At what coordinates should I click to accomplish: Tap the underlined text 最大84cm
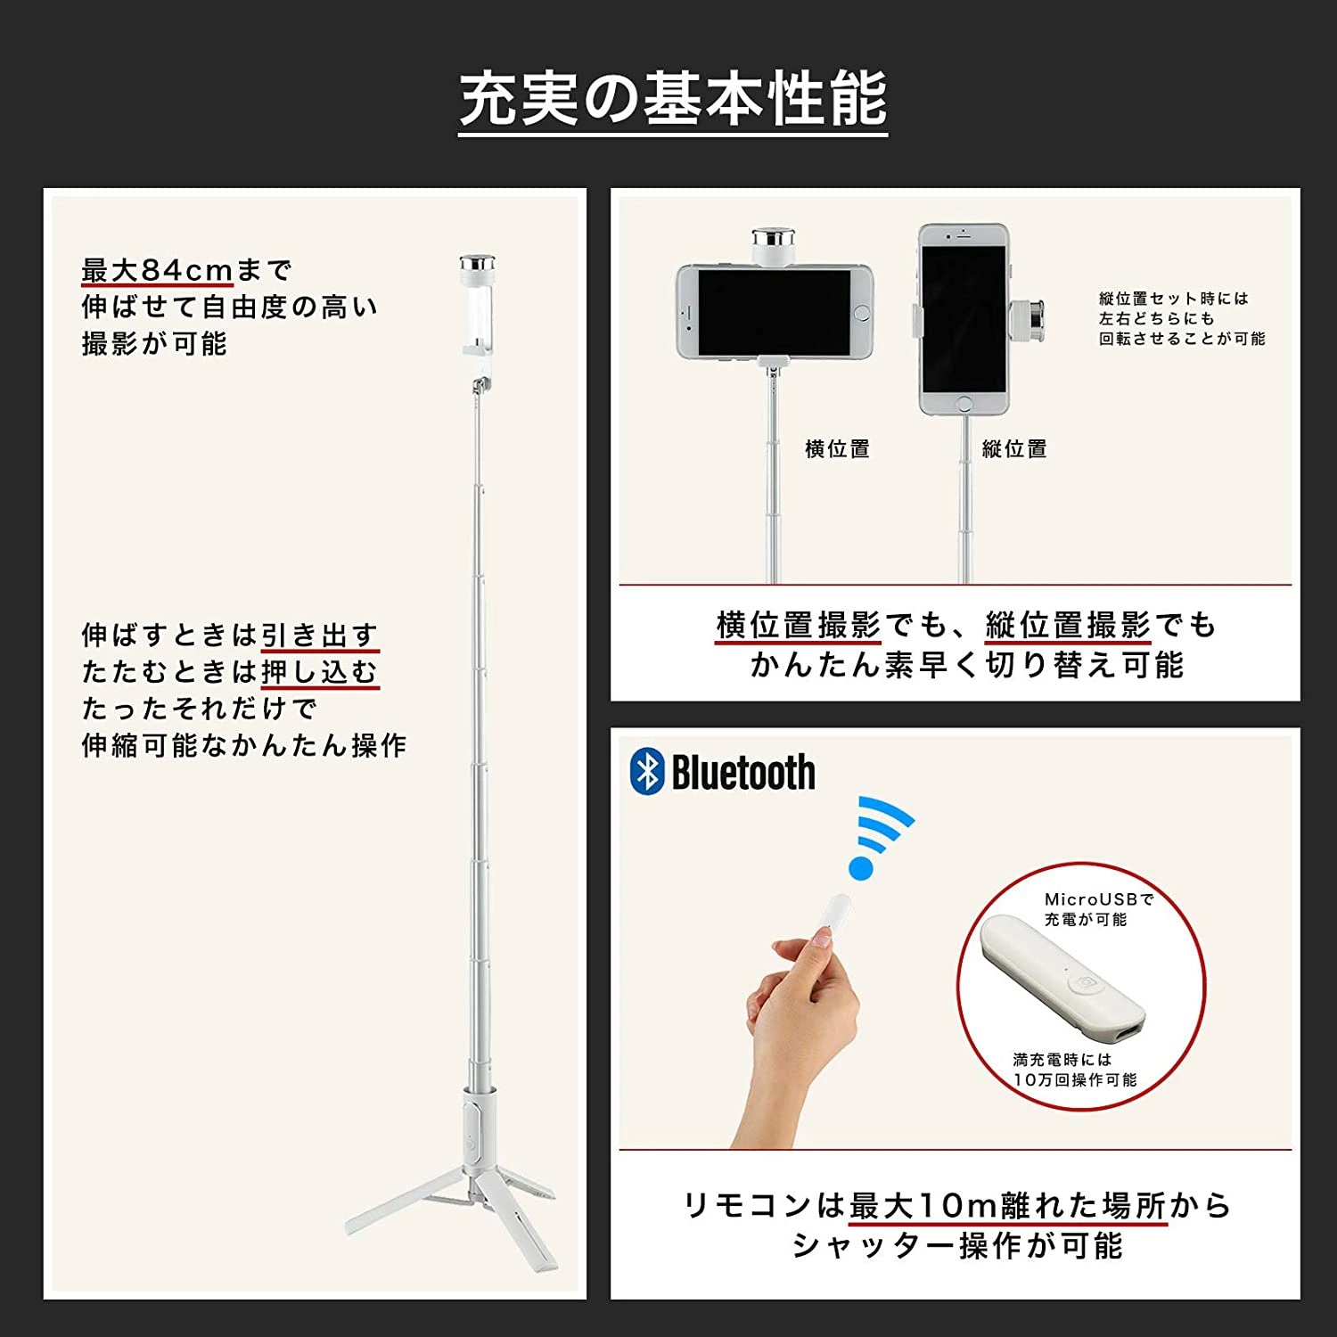157,269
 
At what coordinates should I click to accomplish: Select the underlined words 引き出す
320,636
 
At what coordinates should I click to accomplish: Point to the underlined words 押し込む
320,672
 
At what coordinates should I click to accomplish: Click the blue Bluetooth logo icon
646,771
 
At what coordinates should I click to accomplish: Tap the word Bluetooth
743,772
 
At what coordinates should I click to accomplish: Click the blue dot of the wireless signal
861,867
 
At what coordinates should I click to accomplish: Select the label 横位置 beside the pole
837,449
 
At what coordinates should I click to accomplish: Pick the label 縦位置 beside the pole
1014,449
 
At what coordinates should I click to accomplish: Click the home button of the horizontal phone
861,313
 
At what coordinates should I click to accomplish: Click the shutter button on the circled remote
1085,982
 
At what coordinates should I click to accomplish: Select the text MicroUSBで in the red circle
1099,899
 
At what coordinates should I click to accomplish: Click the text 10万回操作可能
1075,1080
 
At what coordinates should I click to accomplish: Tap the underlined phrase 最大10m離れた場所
1008,1205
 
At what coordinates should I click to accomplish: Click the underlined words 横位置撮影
799,626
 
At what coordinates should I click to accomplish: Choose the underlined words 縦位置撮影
1068,626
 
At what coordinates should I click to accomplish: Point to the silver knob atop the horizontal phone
773,240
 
